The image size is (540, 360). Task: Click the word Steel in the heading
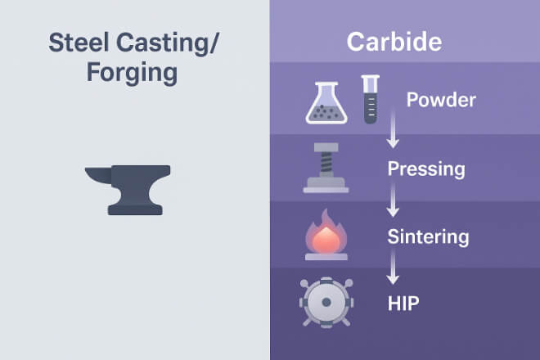point(79,42)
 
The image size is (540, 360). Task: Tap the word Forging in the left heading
point(132,73)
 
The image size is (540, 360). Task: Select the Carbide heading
point(394,42)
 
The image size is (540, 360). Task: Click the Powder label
point(441,100)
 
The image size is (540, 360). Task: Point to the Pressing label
point(426,169)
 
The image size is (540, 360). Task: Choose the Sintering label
point(428,236)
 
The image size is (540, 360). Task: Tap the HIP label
point(403,304)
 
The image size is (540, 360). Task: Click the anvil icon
point(128,190)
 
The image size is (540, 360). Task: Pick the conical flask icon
point(326,102)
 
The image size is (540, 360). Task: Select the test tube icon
point(371,99)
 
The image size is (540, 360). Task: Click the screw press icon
point(326,168)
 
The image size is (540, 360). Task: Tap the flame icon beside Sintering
point(326,235)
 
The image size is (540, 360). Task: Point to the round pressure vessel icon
point(326,303)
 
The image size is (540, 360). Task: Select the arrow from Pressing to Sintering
point(393,200)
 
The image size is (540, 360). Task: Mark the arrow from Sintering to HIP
point(393,268)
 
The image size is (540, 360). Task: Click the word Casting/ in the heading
point(167,43)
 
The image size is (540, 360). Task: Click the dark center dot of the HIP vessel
point(326,303)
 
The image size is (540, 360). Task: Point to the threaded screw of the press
point(326,164)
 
